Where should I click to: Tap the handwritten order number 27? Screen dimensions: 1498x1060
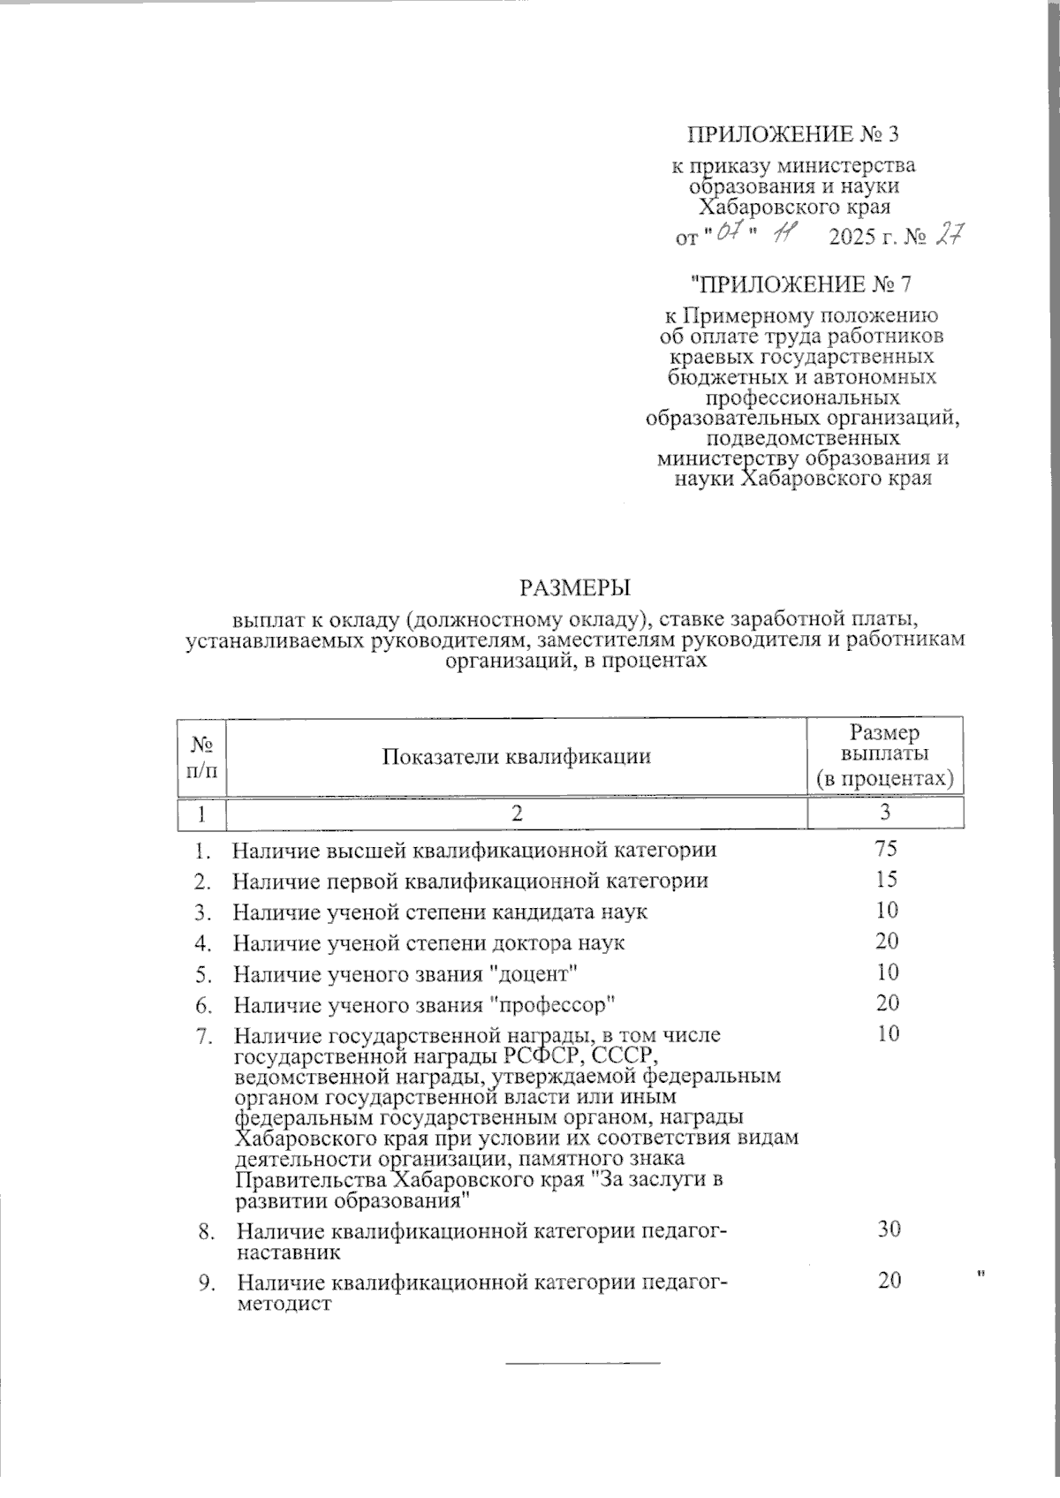click(x=948, y=236)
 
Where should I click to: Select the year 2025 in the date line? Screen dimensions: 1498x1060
click(x=856, y=238)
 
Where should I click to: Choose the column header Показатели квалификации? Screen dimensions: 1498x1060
click(x=517, y=756)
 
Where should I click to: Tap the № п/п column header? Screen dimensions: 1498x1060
click(x=201, y=756)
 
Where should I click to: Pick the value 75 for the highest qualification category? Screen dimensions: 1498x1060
click(x=886, y=850)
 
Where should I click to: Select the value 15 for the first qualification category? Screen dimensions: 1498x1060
click(x=887, y=880)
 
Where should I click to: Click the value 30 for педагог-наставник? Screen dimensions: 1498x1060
click(x=889, y=1229)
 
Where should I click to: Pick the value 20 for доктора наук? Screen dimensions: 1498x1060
click(x=887, y=942)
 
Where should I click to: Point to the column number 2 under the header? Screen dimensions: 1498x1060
click(x=517, y=813)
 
